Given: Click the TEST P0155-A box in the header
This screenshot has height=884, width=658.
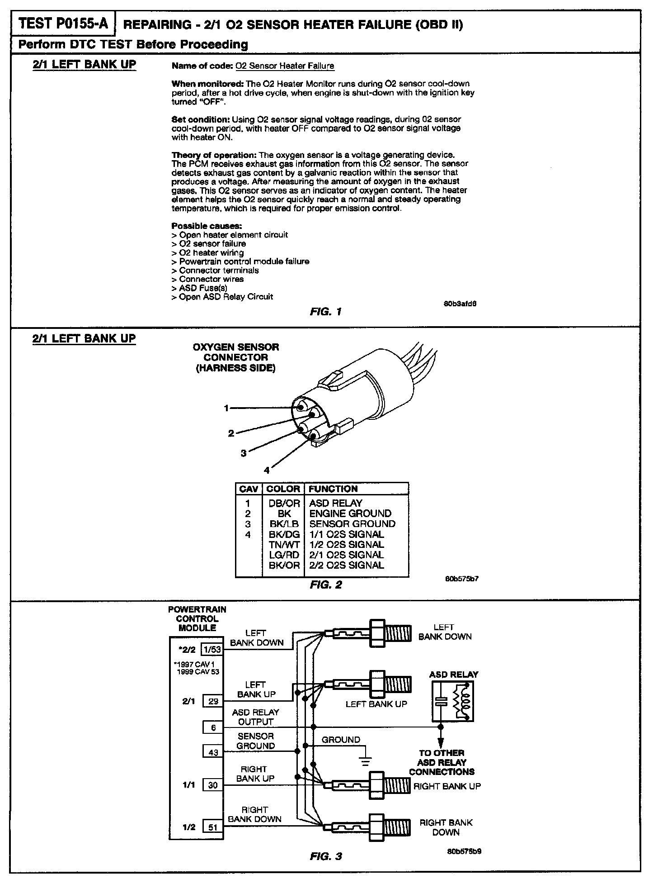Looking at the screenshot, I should tap(63, 24).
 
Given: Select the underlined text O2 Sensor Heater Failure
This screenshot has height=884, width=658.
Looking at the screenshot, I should tap(285, 66).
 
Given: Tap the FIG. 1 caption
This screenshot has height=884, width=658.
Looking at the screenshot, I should tap(325, 312).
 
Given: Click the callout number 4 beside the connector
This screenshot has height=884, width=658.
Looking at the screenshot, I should tap(267, 471).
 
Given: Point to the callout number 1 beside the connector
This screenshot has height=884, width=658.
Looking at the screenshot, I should tap(226, 409).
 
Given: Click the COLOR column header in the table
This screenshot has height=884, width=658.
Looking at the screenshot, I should tap(283, 489).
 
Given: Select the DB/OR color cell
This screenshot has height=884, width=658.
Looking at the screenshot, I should tap(284, 504).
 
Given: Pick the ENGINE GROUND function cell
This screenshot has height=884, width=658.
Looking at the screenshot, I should tap(350, 514).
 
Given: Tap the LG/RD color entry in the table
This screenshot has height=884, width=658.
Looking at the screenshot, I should tap(284, 555).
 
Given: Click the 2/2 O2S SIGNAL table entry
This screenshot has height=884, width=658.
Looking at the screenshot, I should tap(347, 566).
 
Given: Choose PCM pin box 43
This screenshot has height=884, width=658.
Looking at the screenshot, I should tap(213, 752).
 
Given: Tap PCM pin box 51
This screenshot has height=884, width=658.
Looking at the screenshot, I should tap(213, 827).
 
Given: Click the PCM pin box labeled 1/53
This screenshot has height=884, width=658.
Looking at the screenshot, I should tap(212, 650).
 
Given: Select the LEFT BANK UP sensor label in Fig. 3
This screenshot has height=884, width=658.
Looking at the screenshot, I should tap(376, 704).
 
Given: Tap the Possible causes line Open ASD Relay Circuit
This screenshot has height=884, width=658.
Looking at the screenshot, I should tap(226, 297).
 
